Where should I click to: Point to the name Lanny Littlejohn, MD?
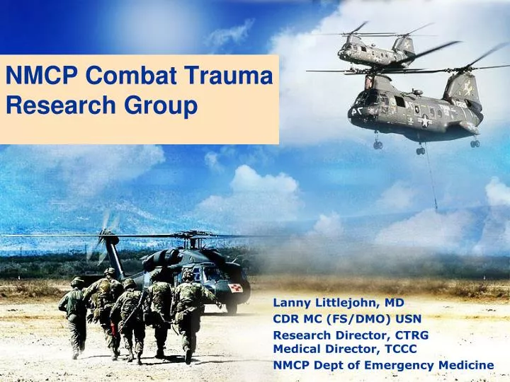point(338,302)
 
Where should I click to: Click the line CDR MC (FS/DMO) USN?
point(347,318)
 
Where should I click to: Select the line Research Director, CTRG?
point(351,335)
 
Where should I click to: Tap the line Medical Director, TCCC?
point(344,348)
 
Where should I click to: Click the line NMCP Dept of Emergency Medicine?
point(383,365)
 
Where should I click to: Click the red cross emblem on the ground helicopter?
point(236,288)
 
